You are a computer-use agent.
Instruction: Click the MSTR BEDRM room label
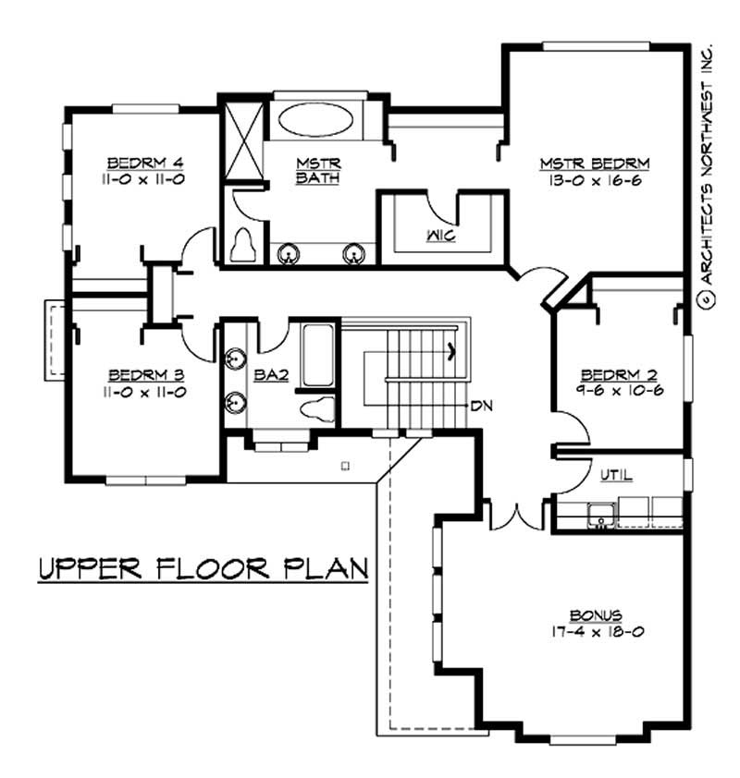point(596,164)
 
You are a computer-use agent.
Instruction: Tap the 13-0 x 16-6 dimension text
point(596,180)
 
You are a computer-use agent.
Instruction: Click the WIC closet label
point(440,235)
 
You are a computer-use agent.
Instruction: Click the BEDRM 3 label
point(147,375)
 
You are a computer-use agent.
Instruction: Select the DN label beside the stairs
point(481,405)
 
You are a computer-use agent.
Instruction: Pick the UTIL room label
point(616,475)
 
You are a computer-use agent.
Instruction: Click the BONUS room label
point(596,614)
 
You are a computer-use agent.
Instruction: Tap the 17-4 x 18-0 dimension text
point(596,631)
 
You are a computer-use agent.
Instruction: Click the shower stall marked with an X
point(243,136)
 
